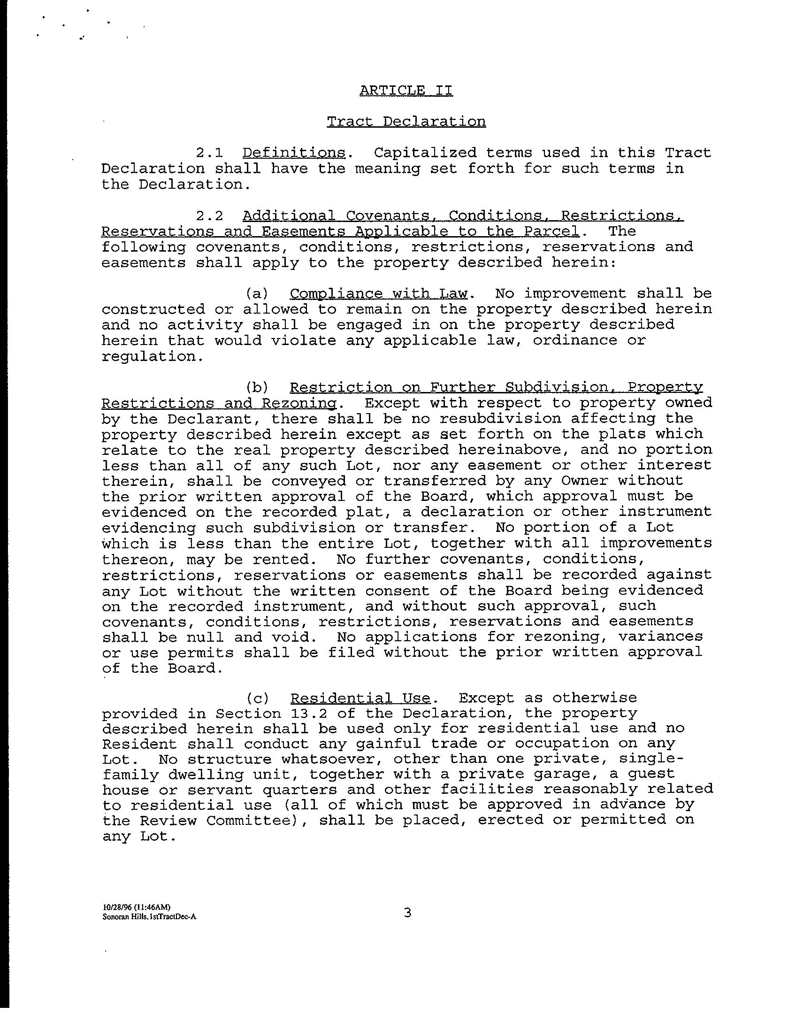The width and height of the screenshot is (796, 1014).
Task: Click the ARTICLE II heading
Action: (x=406, y=90)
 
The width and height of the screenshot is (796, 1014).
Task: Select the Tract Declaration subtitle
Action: (x=406, y=122)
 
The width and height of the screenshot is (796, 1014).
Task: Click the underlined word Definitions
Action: (x=294, y=153)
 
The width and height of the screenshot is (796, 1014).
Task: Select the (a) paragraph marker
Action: (x=257, y=294)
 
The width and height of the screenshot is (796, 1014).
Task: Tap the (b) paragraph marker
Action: (x=257, y=387)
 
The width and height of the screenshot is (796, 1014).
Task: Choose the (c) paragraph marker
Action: (x=257, y=698)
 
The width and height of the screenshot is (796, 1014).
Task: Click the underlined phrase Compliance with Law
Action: (x=378, y=294)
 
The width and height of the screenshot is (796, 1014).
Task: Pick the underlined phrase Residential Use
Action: (x=360, y=698)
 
